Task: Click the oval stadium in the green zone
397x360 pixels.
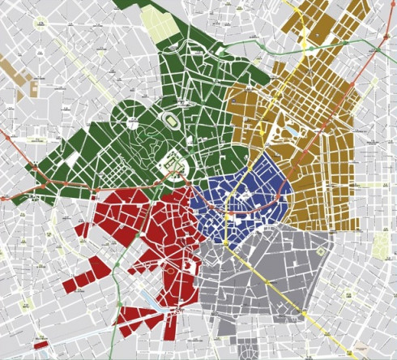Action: tap(172, 119)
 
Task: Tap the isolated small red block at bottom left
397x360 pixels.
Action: tap(41, 345)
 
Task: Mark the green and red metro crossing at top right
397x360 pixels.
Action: tap(374, 50)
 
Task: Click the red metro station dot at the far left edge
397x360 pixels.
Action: tap(7, 138)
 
